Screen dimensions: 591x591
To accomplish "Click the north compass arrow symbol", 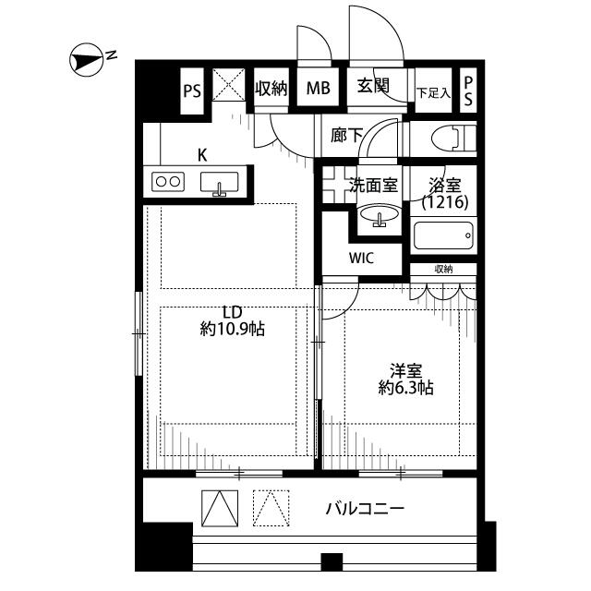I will (x=85, y=62).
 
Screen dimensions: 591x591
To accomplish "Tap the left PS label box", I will (x=191, y=90).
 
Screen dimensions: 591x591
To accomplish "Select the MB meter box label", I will (x=319, y=90).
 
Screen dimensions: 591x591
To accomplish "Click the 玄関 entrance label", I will (x=373, y=88).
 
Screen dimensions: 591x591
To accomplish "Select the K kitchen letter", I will (x=201, y=155).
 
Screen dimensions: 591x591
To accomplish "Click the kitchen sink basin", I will (x=220, y=183).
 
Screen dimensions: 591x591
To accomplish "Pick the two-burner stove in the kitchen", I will (x=167, y=182).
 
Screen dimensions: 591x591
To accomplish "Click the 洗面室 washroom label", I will (x=373, y=185).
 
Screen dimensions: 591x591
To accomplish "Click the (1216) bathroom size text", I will (x=444, y=202).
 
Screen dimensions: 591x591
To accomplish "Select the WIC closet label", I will (x=361, y=259).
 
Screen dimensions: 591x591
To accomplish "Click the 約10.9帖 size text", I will (x=233, y=329).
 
